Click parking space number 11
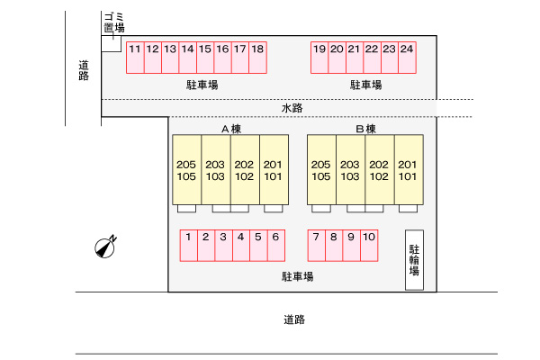coord(134,57)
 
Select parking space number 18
coord(257,57)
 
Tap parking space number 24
coord(407,57)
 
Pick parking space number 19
coord(319,57)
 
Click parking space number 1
coord(189,246)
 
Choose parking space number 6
coord(275,246)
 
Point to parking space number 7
coord(317,246)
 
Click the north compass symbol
coord(106,247)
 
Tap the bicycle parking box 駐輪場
coord(415,261)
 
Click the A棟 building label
coord(231,130)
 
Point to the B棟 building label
coord(365,130)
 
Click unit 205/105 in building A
coord(187,170)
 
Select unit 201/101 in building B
coord(408,170)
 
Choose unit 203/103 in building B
coord(350,170)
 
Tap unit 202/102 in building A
coord(245,170)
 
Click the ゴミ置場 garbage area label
coord(113,22)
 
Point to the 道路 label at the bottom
coord(294,319)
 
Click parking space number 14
coord(187,57)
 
